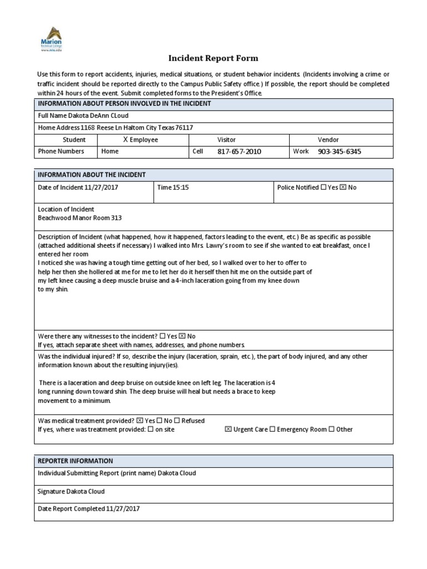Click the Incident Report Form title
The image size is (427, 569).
tap(213, 58)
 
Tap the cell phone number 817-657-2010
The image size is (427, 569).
tap(239, 151)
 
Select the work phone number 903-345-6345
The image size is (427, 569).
tap(340, 151)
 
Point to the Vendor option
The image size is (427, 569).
tap(328, 140)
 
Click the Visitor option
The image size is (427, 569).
tap(226, 140)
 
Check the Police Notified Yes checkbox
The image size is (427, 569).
tap(324, 187)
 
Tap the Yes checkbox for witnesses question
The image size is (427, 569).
tap(162, 336)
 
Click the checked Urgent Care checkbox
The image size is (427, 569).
tap(228, 429)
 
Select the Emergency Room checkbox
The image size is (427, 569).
tap(272, 429)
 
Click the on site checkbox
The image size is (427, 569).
tap(151, 429)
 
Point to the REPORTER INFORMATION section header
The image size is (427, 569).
tap(75, 461)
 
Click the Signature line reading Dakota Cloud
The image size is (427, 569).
tap(71, 491)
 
